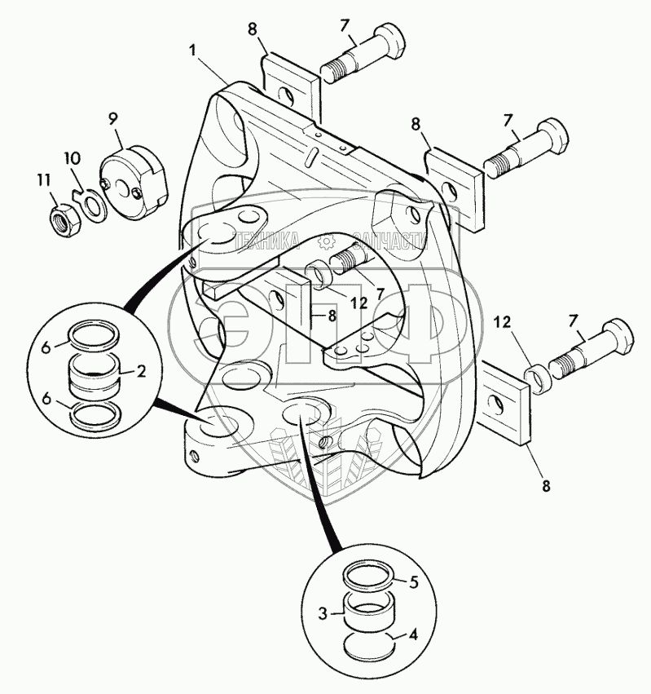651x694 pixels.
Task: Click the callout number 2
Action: point(141,371)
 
